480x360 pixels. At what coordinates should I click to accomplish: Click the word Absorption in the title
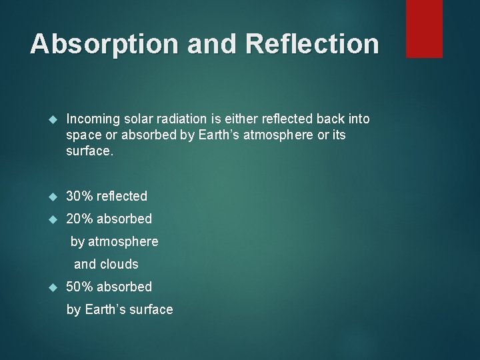[x=103, y=44]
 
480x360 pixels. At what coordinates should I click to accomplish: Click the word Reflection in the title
[x=312, y=44]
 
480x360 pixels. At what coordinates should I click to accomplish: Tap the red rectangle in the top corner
[x=424, y=29]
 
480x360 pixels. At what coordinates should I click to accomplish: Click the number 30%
[x=80, y=196]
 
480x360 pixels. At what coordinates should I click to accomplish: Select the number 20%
[x=80, y=219]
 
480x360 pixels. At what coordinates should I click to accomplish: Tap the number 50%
[x=80, y=287]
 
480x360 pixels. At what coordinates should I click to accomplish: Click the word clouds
[x=119, y=264]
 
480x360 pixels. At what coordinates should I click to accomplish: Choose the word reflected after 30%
[x=122, y=196]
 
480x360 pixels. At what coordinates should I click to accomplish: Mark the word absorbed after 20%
[x=124, y=219]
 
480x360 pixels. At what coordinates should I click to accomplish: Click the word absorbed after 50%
[x=124, y=287]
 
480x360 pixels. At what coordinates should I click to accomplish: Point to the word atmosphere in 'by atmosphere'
[x=123, y=241]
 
